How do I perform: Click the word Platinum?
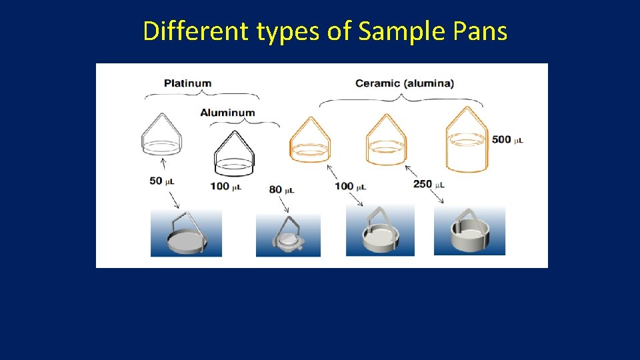(x=187, y=83)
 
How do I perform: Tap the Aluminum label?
(x=227, y=112)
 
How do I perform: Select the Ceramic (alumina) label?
(x=404, y=83)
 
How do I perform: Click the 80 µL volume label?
(x=282, y=189)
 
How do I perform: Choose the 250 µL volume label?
(x=429, y=184)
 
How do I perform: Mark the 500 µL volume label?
(x=507, y=139)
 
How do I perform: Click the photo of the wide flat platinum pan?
(x=185, y=233)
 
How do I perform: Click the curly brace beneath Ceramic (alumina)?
(x=401, y=99)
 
